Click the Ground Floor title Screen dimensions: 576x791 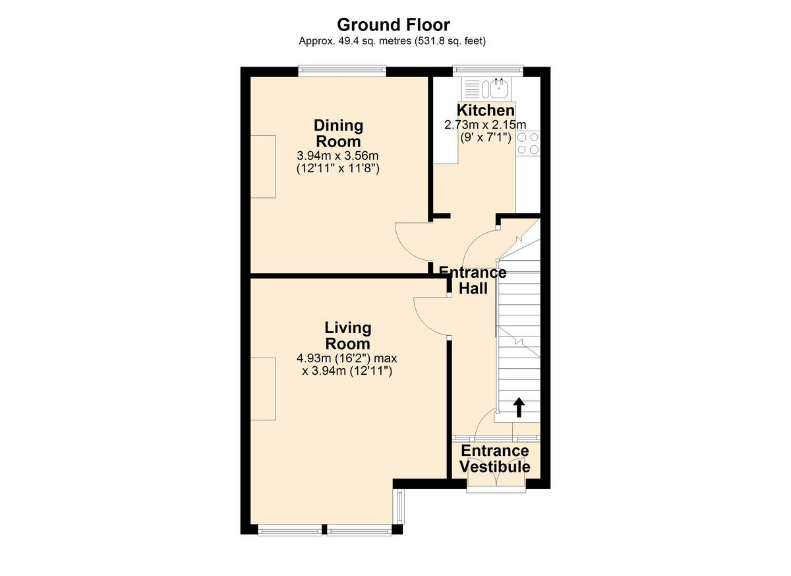pos(394,25)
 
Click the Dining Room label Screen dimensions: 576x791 pos(338,133)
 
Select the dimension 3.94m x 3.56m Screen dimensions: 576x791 pos(338,156)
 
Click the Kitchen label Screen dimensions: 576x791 pos(486,110)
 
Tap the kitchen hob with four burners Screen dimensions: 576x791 pos(528,143)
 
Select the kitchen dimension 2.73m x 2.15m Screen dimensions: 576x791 pos(486,125)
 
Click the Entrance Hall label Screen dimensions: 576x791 pos(473,280)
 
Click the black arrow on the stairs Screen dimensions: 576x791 pos(518,407)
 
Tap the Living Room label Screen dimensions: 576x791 pos(347,336)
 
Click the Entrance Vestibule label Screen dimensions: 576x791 pos(495,459)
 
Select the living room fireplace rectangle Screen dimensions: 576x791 pos(262,389)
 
